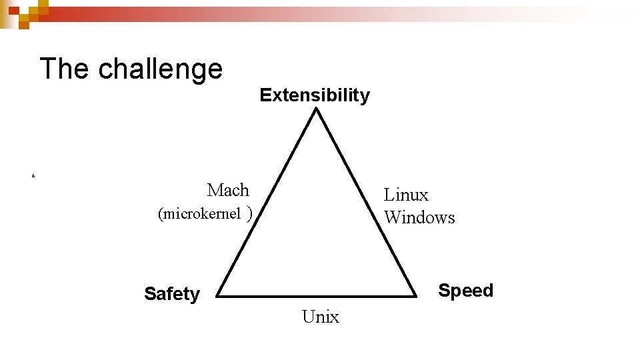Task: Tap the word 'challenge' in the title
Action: (161, 69)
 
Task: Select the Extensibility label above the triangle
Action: (315, 95)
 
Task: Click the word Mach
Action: (228, 190)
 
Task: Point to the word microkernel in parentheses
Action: (199, 214)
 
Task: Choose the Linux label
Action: (406, 195)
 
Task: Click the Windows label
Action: (420, 217)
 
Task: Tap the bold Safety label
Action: (172, 294)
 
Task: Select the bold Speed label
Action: (465, 291)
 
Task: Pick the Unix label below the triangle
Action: (321, 317)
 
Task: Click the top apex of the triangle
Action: (317, 109)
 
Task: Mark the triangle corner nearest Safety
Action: (218, 295)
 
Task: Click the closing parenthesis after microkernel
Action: (249, 214)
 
